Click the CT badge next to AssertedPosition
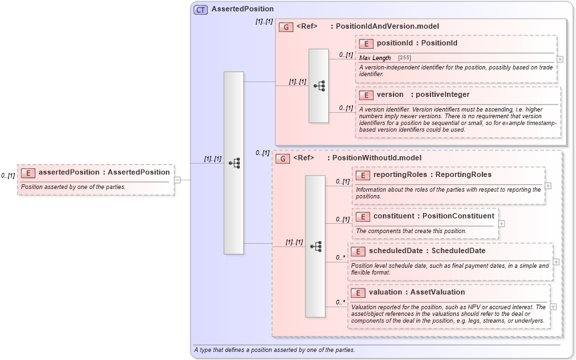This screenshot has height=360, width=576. (200, 9)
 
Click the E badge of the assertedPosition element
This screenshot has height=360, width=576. (28, 172)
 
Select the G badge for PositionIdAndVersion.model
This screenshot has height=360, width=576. (285, 27)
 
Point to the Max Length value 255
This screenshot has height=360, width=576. (404, 58)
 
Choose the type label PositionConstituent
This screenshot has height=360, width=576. (461, 216)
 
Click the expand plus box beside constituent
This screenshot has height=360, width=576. (501, 223)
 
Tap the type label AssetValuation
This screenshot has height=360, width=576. (438, 293)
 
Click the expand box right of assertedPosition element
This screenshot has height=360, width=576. (177, 180)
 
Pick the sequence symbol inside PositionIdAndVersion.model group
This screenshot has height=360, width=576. (319, 85)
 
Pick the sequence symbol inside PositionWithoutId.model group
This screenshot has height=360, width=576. (315, 246)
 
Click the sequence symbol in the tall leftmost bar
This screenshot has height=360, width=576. (234, 162)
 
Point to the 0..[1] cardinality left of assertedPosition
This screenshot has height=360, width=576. (8, 176)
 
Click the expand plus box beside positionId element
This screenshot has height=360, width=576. (559, 59)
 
